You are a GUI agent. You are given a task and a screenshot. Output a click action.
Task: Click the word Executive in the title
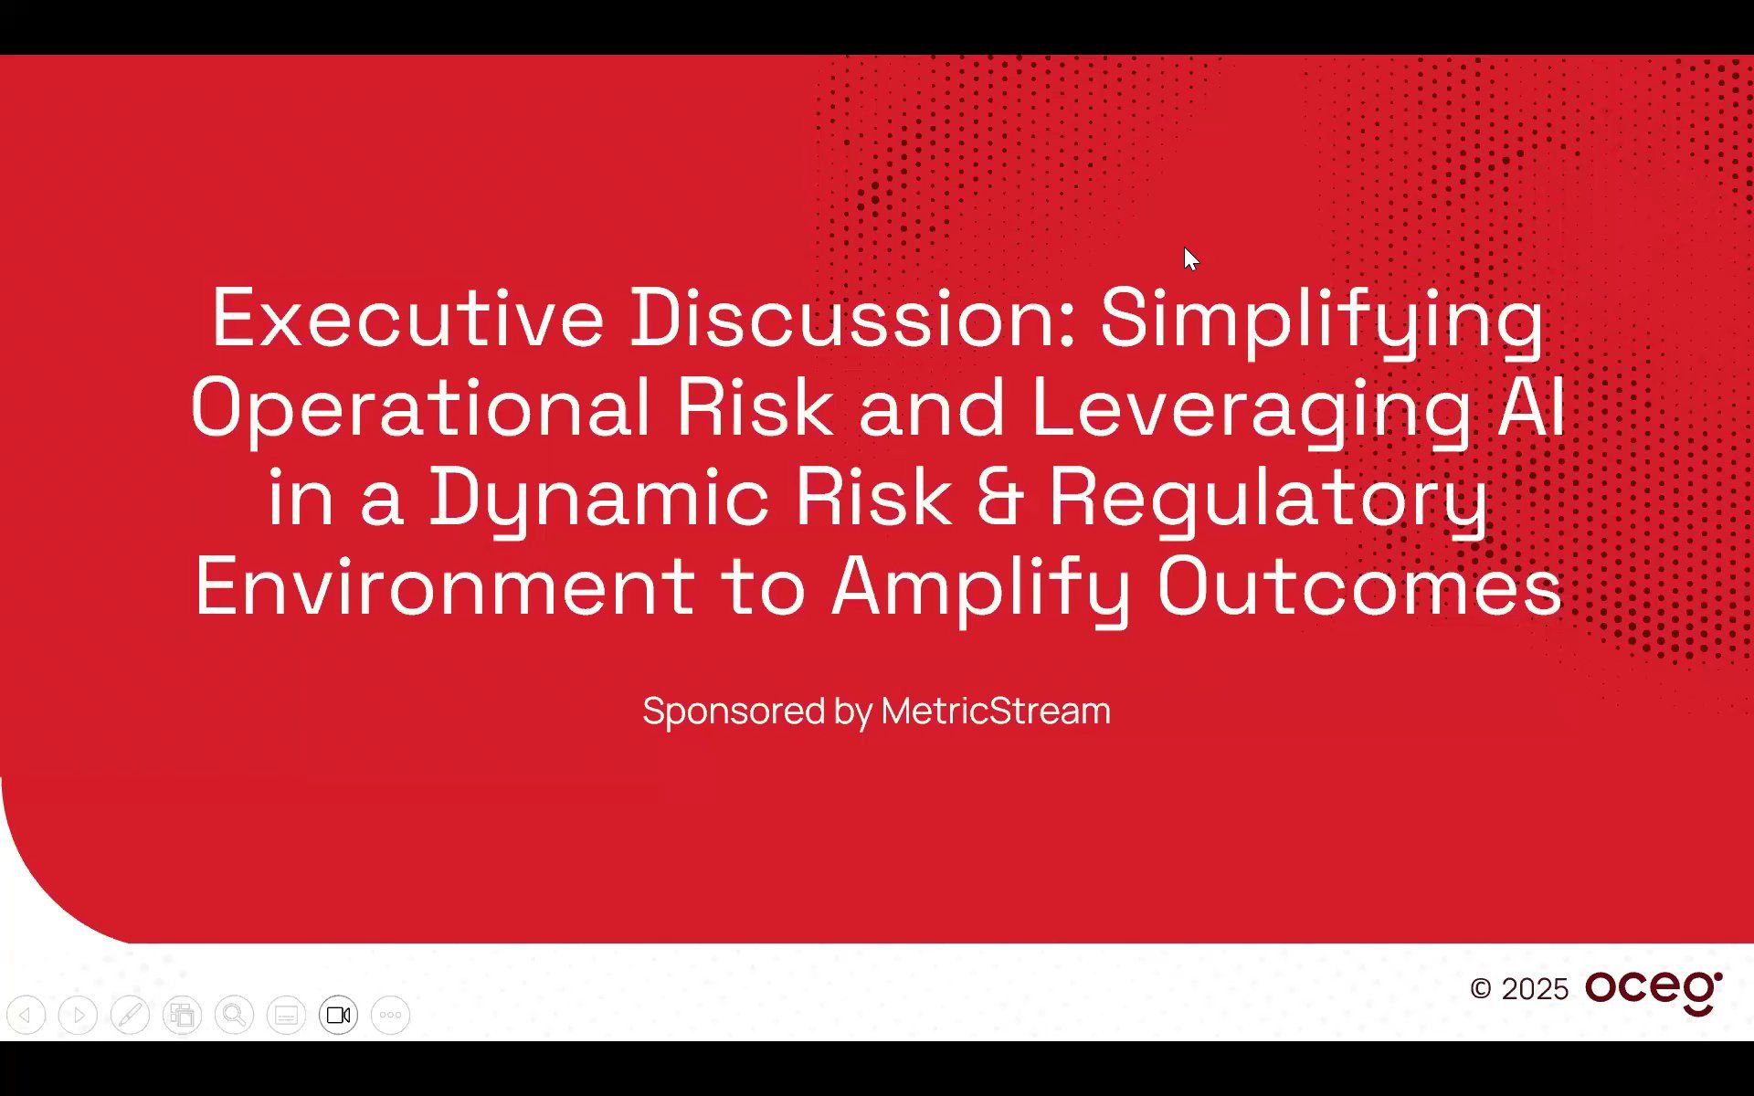(x=407, y=318)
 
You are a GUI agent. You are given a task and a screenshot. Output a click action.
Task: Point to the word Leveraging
(x=1251, y=408)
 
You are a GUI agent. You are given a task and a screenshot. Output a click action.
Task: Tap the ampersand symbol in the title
(x=999, y=498)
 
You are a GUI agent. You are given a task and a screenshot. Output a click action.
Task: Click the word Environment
(x=445, y=587)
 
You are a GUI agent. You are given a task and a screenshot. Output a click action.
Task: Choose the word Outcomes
(x=1359, y=587)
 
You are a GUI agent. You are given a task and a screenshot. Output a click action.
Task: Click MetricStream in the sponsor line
(x=996, y=711)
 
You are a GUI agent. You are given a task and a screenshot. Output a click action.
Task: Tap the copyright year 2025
(x=1535, y=989)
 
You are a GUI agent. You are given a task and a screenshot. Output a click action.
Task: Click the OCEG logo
(x=1654, y=991)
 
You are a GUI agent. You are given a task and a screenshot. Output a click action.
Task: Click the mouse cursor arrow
(x=1189, y=258)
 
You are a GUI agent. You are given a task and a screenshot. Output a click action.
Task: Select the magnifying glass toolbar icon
(x=234, y=1015)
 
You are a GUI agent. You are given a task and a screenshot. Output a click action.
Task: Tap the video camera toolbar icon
(x=338, y=1015)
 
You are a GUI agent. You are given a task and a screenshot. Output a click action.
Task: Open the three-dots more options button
(x=390, y=1015)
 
